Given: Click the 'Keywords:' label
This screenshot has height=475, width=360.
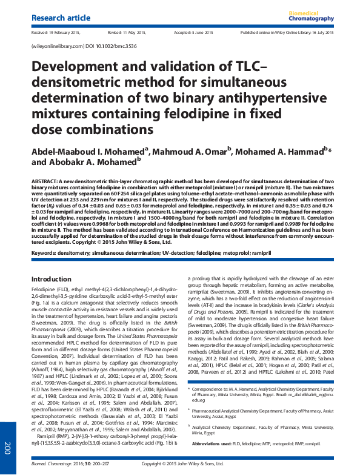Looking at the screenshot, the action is [x=48, y=251].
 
